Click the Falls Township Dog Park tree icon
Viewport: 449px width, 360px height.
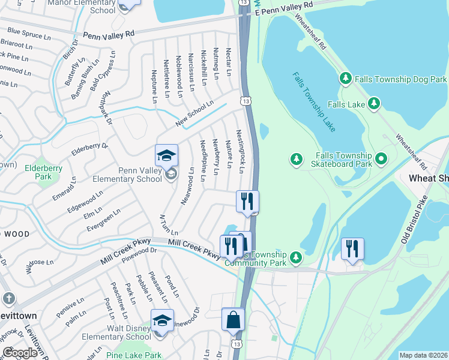pyautogui.click(x=345, y=79)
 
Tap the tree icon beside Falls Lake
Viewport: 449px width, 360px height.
pyautogui.click(x=374, y=104)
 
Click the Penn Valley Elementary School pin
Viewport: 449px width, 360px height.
pyautogui.click(x=166, y=157)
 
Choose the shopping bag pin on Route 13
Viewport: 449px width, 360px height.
pyautogui.click(x=233, y=320)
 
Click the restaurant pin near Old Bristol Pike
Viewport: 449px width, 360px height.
pyautogui.click(x=352, y=249)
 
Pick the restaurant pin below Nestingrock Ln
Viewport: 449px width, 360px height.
pyautogui.click(x=247, y=202)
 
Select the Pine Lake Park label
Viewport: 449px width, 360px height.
pyautogui.click(x=136, y=355)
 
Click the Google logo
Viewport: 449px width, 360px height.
pyautogui.click(x=19, y=353)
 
